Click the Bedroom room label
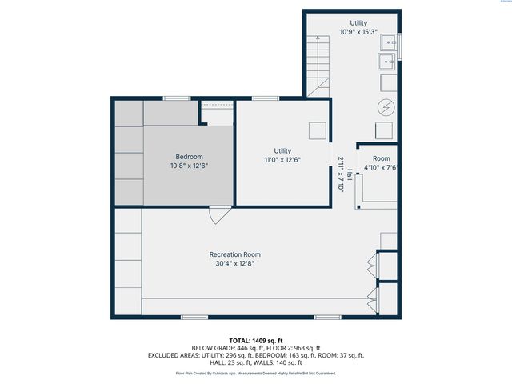click(x=189, y=156)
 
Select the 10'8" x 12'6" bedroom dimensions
click(x=189, y=166)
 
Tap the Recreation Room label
click(x=234, y=254)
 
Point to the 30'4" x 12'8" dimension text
click(x=234, y=264)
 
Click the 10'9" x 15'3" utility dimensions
click(x=358, y=32)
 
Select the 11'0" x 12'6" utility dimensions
click(x=282, y=159)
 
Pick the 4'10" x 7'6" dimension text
click(x=381, y=168)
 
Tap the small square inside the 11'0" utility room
click(x=318, y=130)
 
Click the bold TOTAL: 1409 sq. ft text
click(x=255, y=340)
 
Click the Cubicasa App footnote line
click(x=255, y=373)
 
